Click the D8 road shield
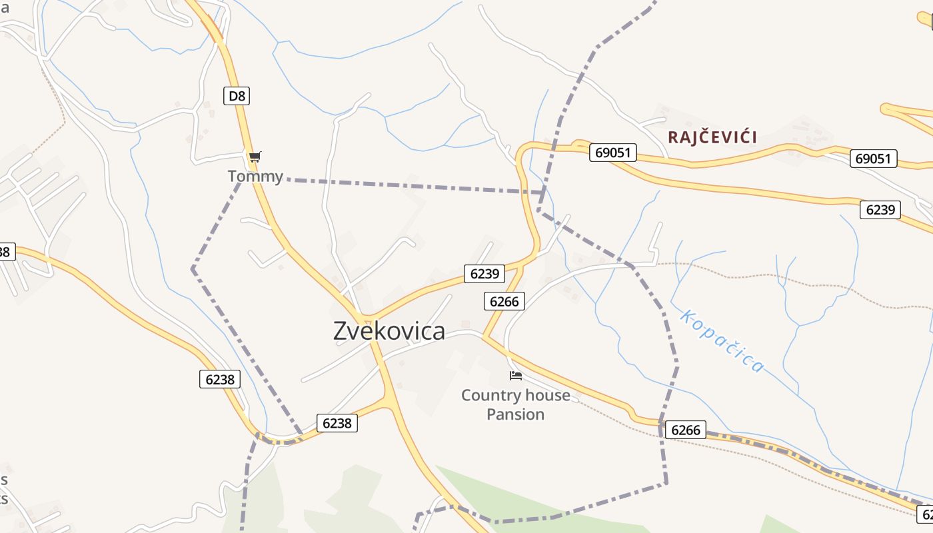pos(237,96)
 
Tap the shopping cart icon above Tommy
pos(255,157)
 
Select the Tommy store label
pos(255,177)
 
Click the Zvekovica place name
pos(389,330)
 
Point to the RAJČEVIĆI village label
pos(712,138)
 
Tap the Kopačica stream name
pos(722,340)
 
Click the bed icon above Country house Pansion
pos(515,376)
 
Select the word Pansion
pos(515,414)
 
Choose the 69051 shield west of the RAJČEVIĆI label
pos(612,153)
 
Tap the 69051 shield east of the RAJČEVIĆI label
pos(873,159)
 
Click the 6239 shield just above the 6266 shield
pos(484,273)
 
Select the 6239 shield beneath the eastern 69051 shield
pos(880,210)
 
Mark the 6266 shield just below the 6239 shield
pos(504,301)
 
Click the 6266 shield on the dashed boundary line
pos(685,430)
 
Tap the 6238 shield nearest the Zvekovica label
pos(337,423)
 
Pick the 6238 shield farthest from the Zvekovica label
pos(220,379)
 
